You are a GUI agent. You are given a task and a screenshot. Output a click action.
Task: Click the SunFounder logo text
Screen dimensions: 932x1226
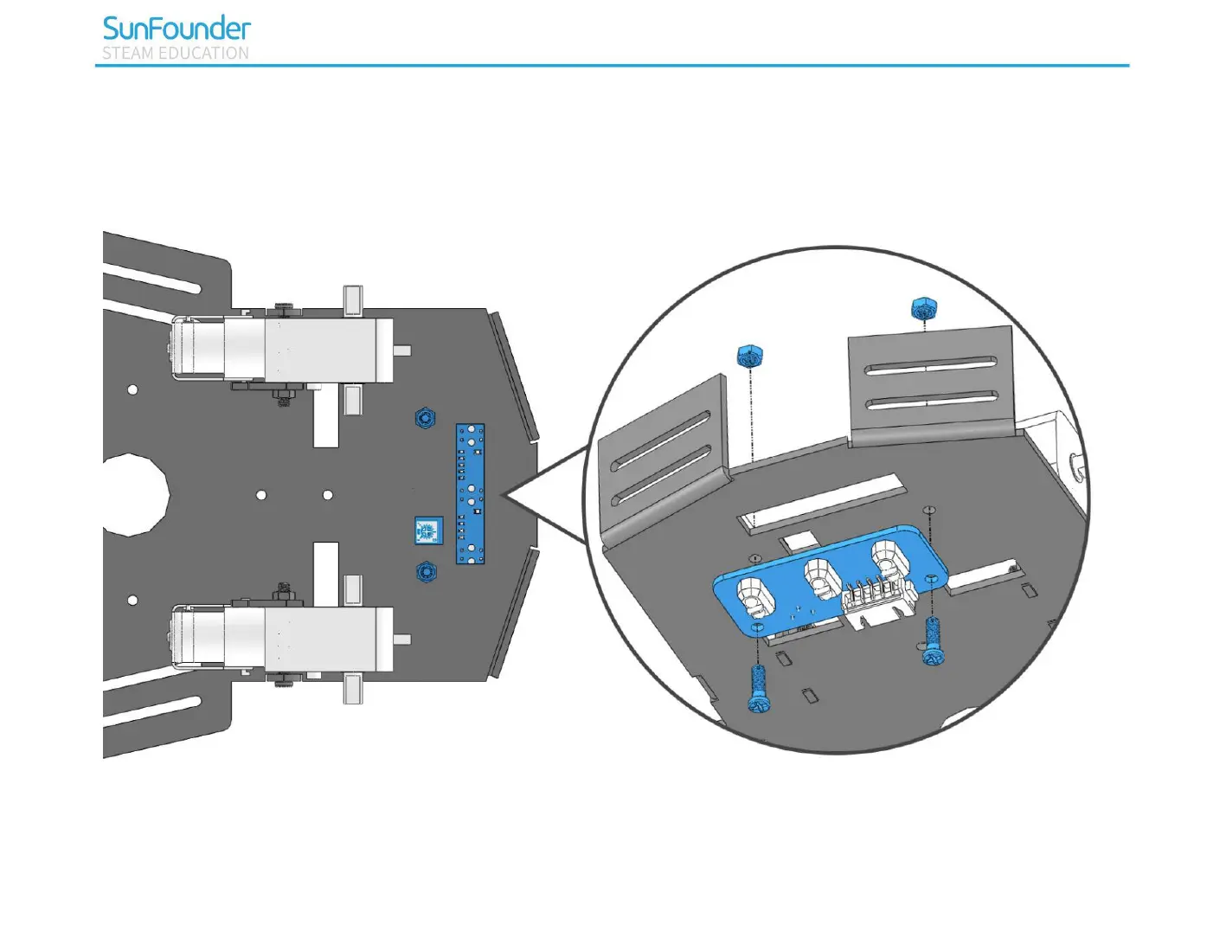[177, 29]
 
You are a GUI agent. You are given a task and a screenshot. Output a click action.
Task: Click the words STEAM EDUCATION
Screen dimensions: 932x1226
[176, 54]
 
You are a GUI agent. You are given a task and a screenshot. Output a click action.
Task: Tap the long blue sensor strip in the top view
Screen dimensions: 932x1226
[470, 493]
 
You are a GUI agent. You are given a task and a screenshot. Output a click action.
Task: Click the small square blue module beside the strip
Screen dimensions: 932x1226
[428, 530]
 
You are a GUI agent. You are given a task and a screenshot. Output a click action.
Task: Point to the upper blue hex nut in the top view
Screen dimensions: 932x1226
[425, 419]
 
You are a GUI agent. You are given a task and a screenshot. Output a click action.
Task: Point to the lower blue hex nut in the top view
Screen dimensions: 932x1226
[425, 572]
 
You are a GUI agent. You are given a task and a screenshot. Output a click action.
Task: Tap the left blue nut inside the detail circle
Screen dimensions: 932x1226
[749, 355]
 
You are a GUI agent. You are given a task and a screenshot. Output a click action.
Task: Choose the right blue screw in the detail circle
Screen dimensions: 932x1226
[933, 641]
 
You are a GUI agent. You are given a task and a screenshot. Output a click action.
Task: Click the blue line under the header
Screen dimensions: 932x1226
[612, 66]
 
